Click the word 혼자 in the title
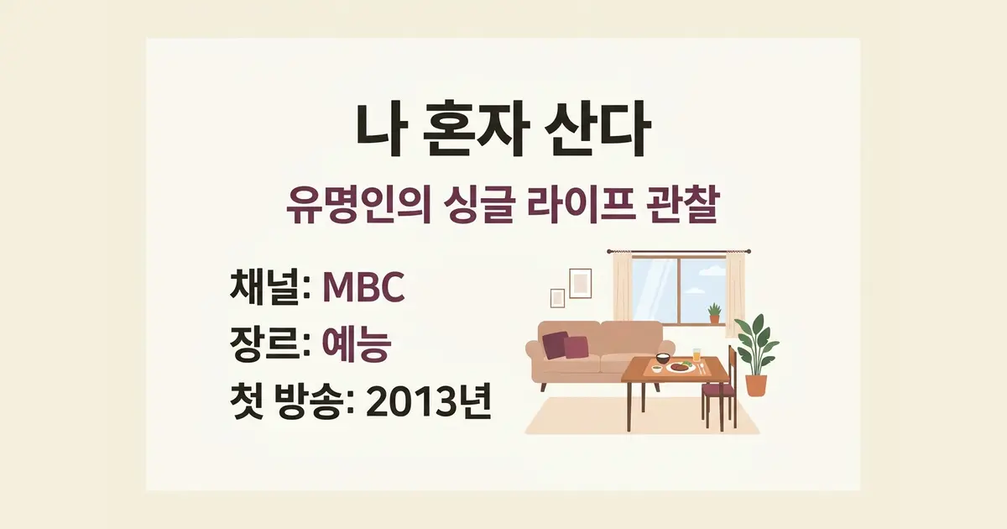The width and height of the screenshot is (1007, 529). [477, 129]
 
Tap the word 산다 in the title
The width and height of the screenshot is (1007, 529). [597, 129]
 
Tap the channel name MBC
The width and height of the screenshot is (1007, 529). [363, 287]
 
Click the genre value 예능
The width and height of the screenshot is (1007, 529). [357, 343]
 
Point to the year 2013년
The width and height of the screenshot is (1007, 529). [429, 401]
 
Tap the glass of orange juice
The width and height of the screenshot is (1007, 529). [697, 355]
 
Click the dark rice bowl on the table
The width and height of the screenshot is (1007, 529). [663, 359]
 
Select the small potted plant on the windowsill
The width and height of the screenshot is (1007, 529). [714, 313]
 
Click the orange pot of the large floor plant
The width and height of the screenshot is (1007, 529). [756, 385]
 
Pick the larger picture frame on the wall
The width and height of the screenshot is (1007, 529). [581, 284]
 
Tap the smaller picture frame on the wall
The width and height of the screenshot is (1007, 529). [557, 298]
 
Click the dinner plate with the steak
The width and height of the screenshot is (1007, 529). [681, 367]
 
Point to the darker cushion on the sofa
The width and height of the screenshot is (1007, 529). [556, 344]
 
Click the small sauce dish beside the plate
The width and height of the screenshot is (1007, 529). [657, 369]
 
